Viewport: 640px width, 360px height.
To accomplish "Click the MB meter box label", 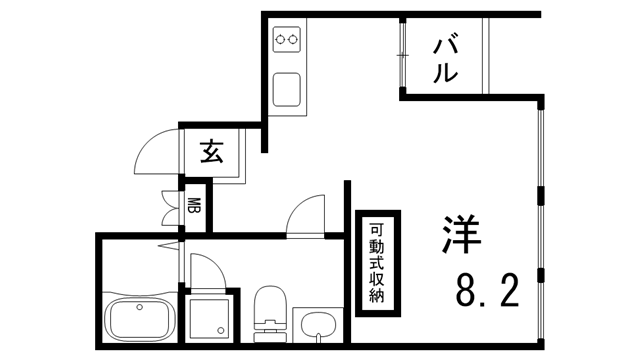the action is (194, 207).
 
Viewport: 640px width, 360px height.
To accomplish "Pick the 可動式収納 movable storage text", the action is (377, 262).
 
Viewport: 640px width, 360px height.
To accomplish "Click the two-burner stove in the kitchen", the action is (288, 41).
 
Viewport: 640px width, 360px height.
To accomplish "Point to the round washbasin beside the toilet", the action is (319, 323).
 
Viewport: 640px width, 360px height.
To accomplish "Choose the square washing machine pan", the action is (211, 317).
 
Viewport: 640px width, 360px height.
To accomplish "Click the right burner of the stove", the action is (296, 41).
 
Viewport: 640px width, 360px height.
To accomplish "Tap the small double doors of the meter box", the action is (167, 206).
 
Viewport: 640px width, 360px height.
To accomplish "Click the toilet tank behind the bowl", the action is (269, 326).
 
